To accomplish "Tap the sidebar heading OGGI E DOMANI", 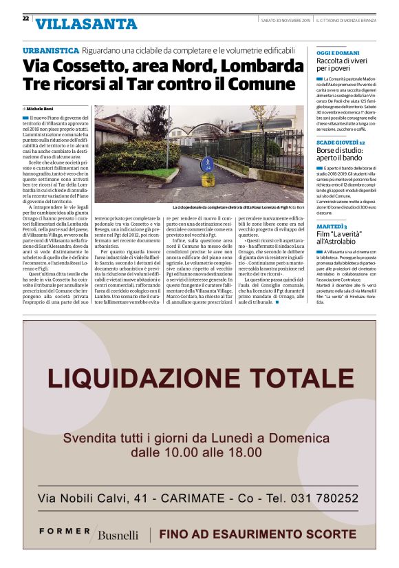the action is pyautogui.click(x=329, y=53).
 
